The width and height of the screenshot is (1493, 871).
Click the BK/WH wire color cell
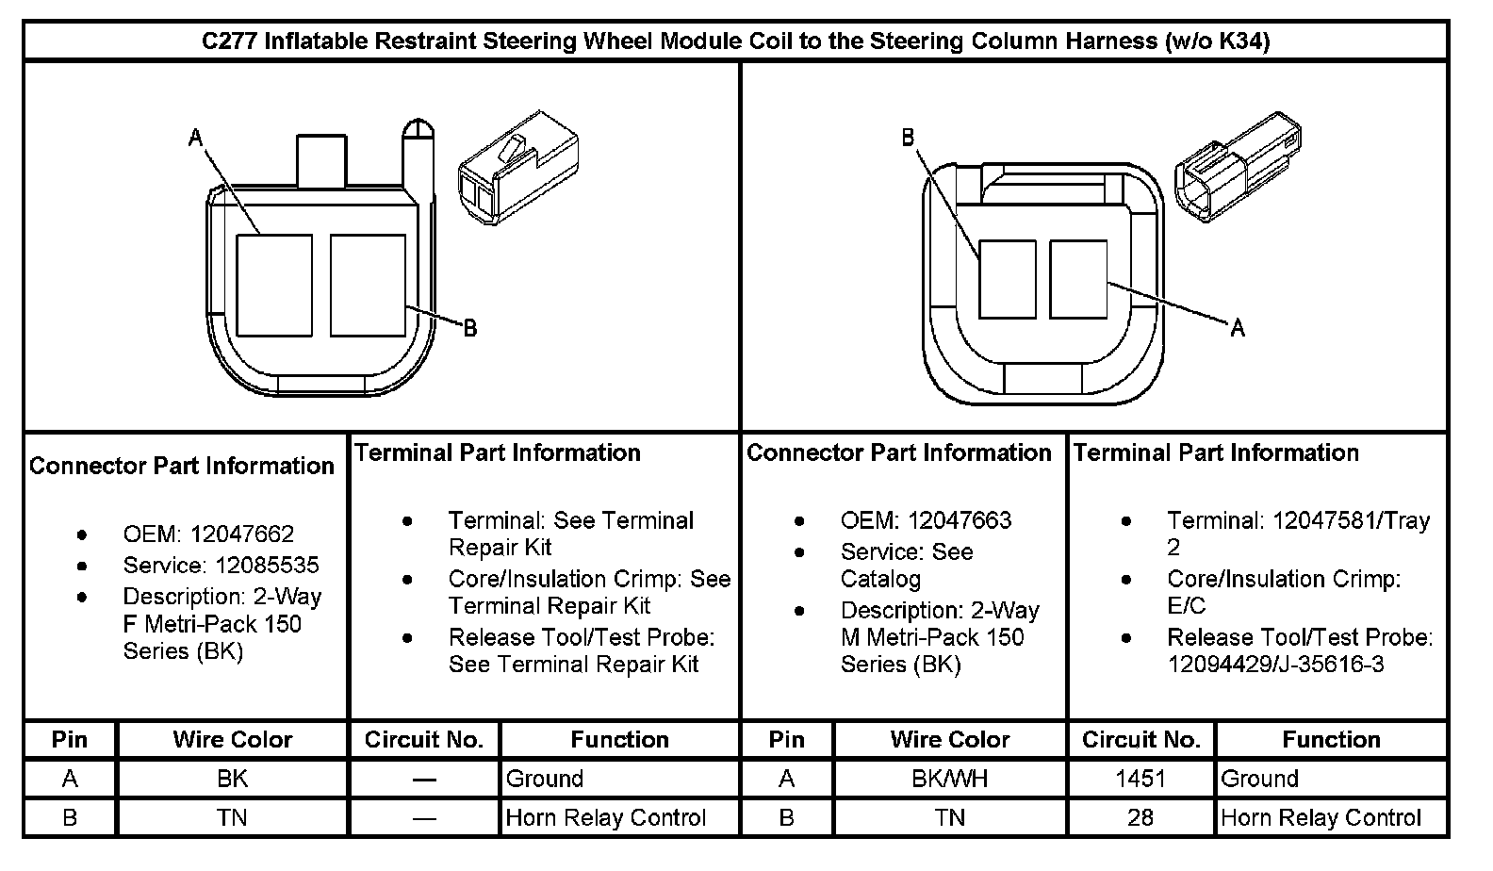coord(950,779)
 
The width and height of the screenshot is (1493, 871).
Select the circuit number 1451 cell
coord(1140,779)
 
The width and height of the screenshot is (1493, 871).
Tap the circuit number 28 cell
coord(1140,817)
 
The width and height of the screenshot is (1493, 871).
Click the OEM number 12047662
coord(242,534)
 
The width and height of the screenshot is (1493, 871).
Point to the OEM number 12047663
coord(960,520)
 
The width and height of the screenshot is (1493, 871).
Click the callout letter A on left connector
coord(195,139)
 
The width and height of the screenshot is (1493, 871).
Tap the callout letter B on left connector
coord(469,328)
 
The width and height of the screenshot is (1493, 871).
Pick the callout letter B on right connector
coord(908,139)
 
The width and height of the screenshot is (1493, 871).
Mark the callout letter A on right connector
coord(1238,328)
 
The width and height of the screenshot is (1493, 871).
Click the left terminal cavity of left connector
coord(273,285)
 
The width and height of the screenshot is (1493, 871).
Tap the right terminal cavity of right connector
coord(1078,279)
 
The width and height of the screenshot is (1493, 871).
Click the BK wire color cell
coord(232,779)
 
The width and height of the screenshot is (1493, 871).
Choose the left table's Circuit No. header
coord(424,740)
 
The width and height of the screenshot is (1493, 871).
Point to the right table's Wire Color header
coord(950,740)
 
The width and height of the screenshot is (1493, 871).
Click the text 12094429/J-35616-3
coord(1275,665)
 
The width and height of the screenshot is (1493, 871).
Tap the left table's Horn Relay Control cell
coord(605,817)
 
